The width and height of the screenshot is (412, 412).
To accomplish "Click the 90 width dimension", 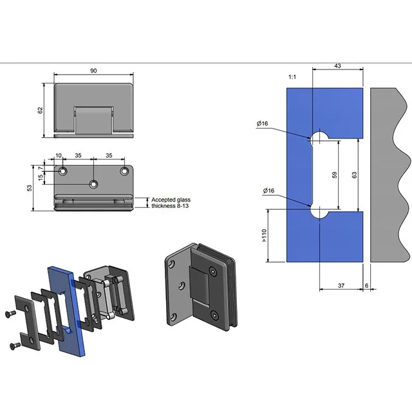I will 94,72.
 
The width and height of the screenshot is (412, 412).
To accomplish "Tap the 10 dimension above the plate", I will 59,156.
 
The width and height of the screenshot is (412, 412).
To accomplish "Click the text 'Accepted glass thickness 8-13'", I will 171,203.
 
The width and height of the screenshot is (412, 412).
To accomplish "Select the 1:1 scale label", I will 292,77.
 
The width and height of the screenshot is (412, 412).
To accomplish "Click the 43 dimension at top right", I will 337,66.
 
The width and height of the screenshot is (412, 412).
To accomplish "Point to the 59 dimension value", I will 333,174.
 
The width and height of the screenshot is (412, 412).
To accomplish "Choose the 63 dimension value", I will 355,174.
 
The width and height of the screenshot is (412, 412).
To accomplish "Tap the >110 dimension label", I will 264,236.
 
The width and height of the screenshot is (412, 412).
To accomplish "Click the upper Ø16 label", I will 261,122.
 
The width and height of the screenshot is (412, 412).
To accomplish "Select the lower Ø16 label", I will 269,191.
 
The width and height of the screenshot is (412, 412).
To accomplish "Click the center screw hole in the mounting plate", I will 94,185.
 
